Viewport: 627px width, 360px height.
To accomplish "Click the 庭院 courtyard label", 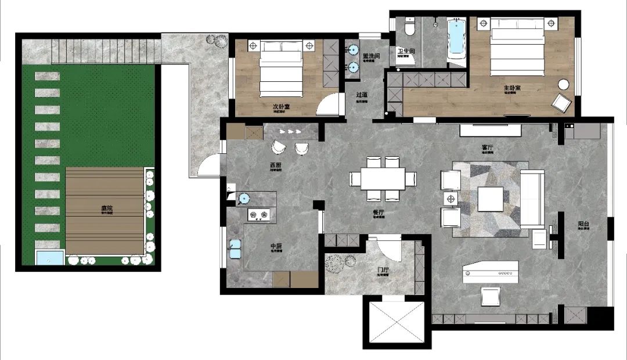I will pyautogui.click(x=106, y=207).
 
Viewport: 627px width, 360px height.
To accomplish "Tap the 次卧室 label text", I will pyautogui.click(x=282, y=107).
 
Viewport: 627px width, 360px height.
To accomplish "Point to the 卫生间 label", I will pyautogui.click(x=406, y=52).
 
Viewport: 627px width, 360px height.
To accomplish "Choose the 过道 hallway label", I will pyautogui.click(x=362, y=95).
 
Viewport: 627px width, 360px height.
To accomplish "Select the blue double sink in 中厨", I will pyautogui.click(x=235, y=248).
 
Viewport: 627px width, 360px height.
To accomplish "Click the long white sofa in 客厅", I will pyautogui.click(x=531, y=199).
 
